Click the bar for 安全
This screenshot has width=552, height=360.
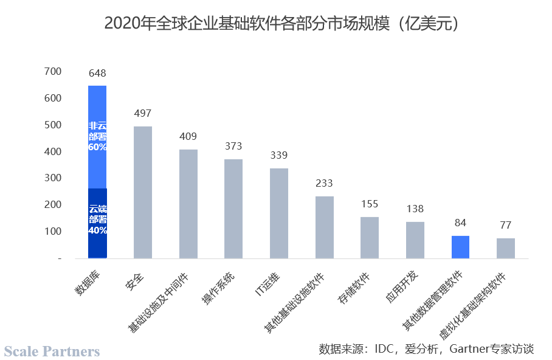(x=143, y=192)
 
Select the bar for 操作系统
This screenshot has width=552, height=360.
(x=233, y=209)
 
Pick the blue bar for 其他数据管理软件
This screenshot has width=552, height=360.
(x=460, y=247)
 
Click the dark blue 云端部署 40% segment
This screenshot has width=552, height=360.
(x=97, y=223)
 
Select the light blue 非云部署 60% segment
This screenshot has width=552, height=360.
(x=97, y=137)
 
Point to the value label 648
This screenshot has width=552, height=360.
(x=97, y=74)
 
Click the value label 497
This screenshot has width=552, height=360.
(x=143, y=114)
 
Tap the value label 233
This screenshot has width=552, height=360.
(x=325, y=184)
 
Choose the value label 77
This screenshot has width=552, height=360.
(x=506, y=226)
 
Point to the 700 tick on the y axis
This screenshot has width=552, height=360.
(x=53, y=72)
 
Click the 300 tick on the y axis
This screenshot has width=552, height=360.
(x=53, y=178)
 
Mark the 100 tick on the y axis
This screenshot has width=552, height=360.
(x=53, y=232)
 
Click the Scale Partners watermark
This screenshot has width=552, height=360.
(x=52, y=351)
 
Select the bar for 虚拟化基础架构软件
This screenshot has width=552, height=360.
(x=506, y=248)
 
